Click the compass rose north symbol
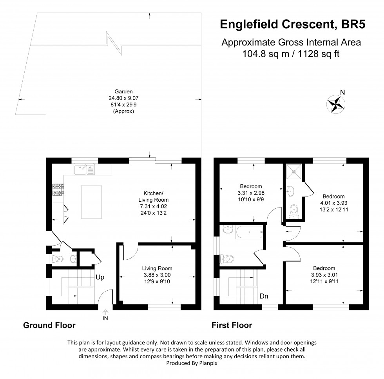click(335, 103)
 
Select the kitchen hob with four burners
click(56, 190)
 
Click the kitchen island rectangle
click(91, 202)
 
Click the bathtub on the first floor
click(248, 233)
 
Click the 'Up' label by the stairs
click(100, 277)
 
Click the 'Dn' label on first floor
click(264, 297)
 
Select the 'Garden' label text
click(115, 91)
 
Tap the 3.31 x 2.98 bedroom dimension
click(251, 193)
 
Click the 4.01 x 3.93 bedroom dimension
click(333, 203)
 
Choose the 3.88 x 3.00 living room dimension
click(157, 275)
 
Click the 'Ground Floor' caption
click(49, 325)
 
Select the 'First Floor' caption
click(232, 325)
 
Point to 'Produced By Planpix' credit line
click(192, 363)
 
